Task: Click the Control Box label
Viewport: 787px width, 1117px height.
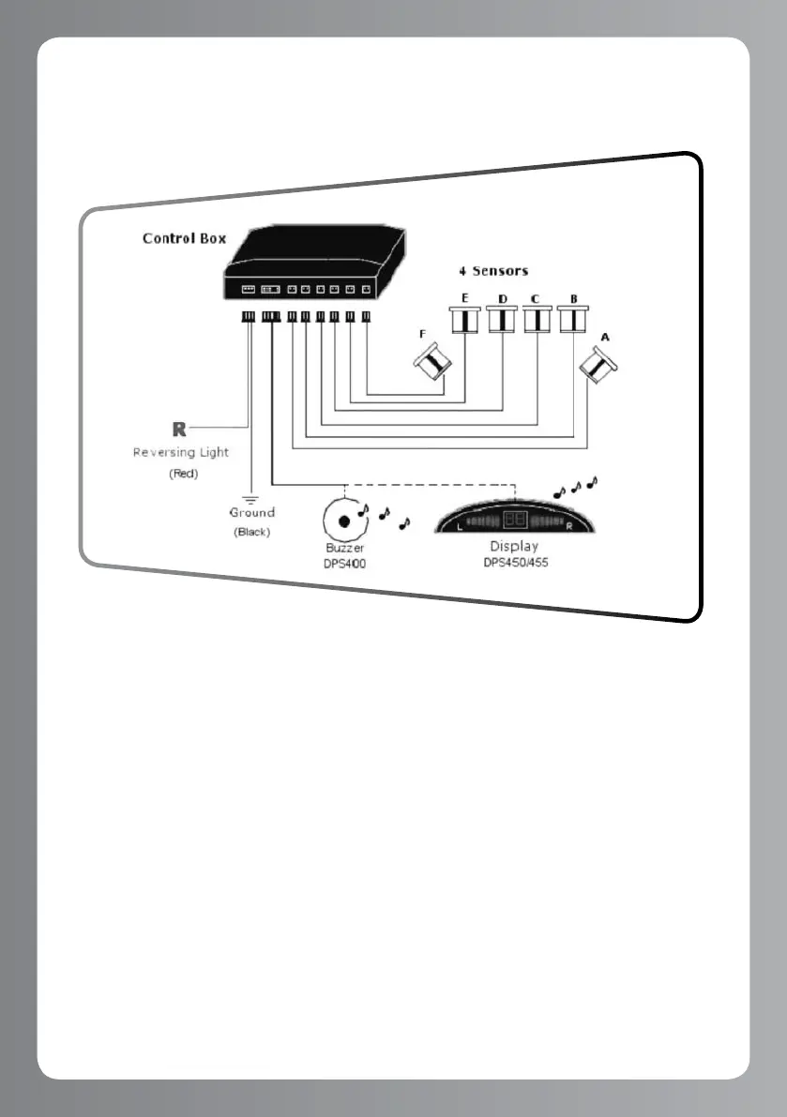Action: pos(184,238)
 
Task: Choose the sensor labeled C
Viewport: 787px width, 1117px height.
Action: pos(537,321)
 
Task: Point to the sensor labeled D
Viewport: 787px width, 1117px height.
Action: pos(502,321)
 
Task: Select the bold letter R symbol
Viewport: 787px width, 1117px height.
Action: pos(179,430)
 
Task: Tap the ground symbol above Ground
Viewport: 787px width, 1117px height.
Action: pos(251,498)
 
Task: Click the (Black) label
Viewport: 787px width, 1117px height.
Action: pos(251,532)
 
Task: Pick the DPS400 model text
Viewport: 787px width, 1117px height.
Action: pos(345,561)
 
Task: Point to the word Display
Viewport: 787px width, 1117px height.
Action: pos(514,546)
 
